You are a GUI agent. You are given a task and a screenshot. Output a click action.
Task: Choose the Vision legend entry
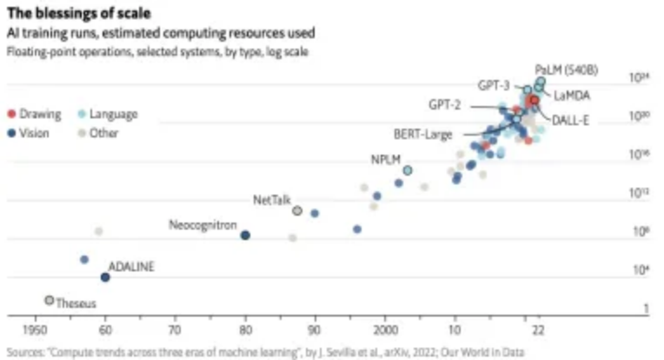coord(31,133)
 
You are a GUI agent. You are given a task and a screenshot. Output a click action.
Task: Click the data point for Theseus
coord(50,300)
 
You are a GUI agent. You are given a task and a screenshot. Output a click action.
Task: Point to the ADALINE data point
coord(105,277)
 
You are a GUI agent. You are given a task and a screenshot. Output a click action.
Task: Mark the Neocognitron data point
coord(245,236)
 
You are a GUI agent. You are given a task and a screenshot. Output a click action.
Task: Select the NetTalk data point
coord(297,211)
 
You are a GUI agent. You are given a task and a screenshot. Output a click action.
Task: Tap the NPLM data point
coord(408,170)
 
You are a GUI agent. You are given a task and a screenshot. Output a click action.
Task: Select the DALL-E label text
coord(571,119)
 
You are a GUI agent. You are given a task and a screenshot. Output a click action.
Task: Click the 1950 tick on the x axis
coord(36,330)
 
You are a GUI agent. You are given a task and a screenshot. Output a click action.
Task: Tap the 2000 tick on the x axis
coord(384,330)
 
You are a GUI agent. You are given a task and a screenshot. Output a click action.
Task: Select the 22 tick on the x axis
coord(539,330)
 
